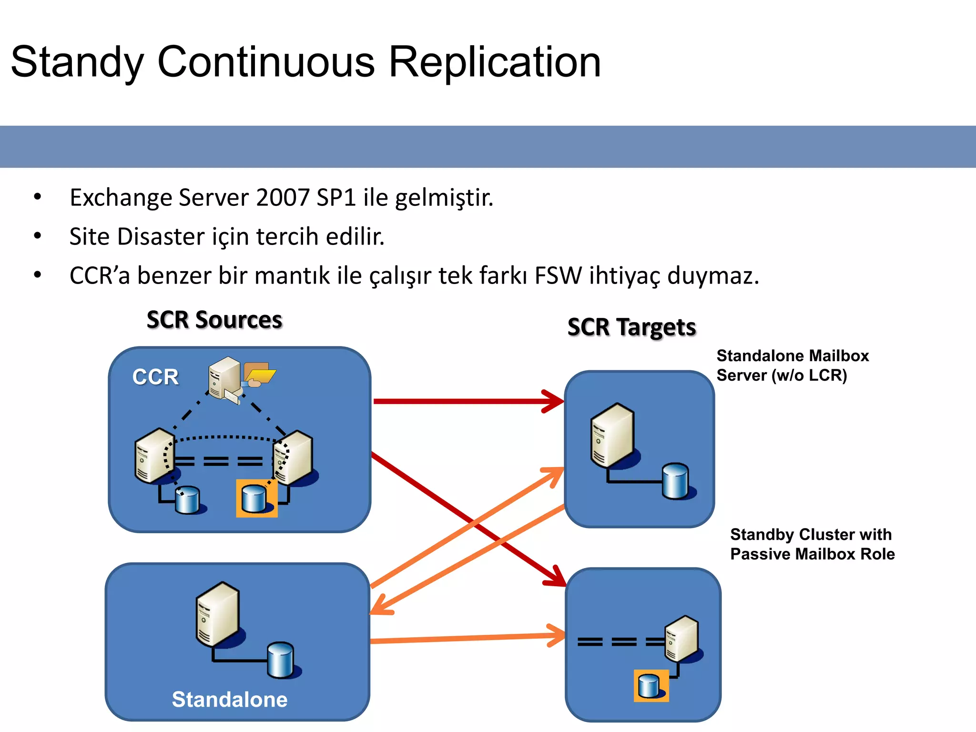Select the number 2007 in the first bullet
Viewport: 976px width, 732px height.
(283, 197)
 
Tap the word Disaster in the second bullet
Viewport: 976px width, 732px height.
(161, 236)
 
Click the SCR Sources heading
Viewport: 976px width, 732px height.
(214, 320)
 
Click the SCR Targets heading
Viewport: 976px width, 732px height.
(631, 327)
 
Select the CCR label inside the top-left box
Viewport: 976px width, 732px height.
(155, 377)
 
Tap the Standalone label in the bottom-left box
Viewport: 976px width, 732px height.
(229, 700)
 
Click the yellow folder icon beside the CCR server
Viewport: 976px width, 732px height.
(259, 374)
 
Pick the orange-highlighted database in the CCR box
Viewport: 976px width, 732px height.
(256, 498)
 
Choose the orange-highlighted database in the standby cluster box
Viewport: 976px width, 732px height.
(651, 686)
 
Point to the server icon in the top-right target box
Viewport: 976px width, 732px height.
(612, 436)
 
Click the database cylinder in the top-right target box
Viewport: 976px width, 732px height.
(676, 481)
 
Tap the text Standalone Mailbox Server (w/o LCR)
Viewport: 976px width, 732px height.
(792, 366)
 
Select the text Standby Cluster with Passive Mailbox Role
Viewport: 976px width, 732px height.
(812, 544)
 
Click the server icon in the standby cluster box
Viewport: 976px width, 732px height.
(682, 639)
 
